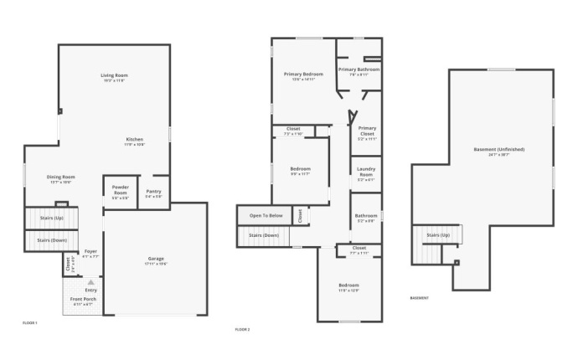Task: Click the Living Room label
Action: [x=114, y=76]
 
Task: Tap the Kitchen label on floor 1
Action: [x=135, y=141]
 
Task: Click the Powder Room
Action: [x=120, y=192]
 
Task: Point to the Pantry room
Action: [x=153, y=193]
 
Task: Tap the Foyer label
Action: [x=90, y=254]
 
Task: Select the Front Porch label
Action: [x=83, y=301]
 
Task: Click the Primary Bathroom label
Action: [x=359, y=71]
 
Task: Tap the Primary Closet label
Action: [x=367, y=131]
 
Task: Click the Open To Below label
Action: [x=265, y=216]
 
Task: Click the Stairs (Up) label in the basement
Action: [x=438, y=235]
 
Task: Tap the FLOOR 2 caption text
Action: [x=243, y=330]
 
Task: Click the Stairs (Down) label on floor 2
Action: [x=264, y=235]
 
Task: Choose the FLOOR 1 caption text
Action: [x=29, y=322]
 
